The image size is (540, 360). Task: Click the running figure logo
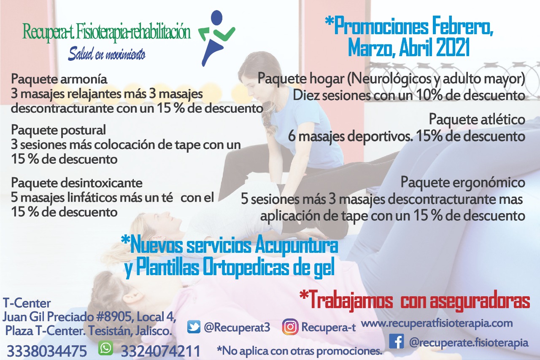pos(216,38)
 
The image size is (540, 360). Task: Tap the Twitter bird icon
pos(194,327)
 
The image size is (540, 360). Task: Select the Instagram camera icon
pos(290,327)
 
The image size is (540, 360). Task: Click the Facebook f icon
pos(397,341)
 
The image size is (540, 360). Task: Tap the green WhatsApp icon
pos(105,348)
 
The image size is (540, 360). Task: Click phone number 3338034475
pos(47,351)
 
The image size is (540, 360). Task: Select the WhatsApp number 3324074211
pos(161,351)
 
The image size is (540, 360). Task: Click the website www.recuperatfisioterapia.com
pos(437,323)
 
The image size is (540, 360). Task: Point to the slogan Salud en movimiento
pos(107,54)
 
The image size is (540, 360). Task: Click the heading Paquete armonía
pos(59,79)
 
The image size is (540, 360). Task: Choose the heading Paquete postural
pos(58,130)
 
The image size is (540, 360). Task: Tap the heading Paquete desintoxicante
pos(77,183)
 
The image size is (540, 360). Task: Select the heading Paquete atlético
pos(477,119)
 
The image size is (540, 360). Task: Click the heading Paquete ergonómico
pos(463,182)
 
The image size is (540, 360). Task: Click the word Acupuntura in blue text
pos(296,246)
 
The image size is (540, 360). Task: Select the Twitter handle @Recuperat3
pos(237,327)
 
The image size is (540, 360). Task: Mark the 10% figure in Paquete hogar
pos(429,95)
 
